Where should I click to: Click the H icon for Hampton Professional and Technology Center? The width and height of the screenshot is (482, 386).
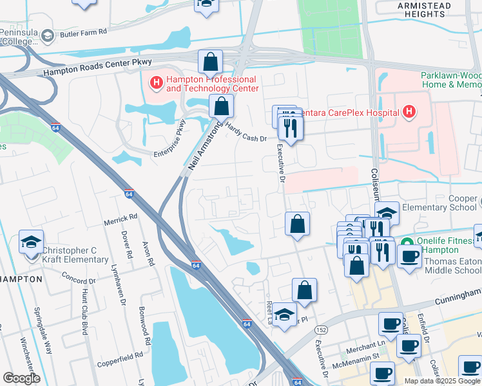click(156, 82)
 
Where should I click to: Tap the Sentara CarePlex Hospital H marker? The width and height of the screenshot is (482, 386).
click(408, 113)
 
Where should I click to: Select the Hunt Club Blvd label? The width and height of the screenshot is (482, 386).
click(84, 311)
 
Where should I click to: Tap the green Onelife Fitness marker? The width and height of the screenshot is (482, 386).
click(407, 242)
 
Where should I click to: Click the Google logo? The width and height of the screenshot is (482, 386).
click(21, 378)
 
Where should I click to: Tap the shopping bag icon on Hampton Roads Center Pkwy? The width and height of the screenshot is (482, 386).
click(210, 62)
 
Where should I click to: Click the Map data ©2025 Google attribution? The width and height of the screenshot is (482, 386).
click(441, 380)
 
